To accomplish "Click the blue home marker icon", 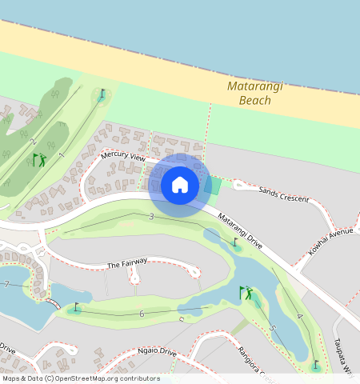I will (x=180, y=186).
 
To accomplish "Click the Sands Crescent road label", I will (x=283, y=193).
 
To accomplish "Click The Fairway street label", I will (x=127, y=263).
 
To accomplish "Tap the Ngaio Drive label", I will (x=156, y=351).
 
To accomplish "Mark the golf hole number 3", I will (x=151, y=217).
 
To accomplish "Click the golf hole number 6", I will (x=142, y=314).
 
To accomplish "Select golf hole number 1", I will (x=62, y=154).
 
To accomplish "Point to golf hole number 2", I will (x=33, y=142).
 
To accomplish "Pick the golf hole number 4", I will (x=299, y=318).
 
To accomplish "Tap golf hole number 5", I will (x=272, y=328).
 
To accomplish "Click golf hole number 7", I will (x=6, y=284).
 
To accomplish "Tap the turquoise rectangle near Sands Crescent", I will (x=213, y=186).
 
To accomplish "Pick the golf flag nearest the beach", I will (x=102, y=94).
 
